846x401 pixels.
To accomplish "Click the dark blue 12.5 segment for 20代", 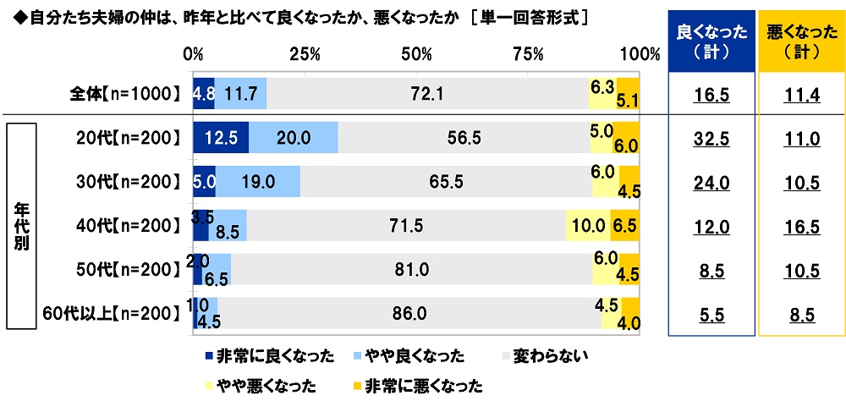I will [220, 137].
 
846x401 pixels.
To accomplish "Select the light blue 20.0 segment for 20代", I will [293, 137].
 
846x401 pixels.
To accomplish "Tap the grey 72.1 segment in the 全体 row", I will [427, 93].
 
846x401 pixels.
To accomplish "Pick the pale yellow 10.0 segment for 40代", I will [587, 225].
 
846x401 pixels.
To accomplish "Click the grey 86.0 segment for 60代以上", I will [409, 313].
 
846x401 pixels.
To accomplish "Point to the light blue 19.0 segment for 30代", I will [258, 181].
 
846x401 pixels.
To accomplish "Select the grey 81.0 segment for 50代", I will [411, 269].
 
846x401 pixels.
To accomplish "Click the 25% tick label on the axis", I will [304, 54].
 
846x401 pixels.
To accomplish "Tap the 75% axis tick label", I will [528, 54].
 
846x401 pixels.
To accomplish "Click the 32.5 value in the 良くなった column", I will [712, 138].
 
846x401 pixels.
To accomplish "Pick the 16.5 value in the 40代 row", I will [801, 226].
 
